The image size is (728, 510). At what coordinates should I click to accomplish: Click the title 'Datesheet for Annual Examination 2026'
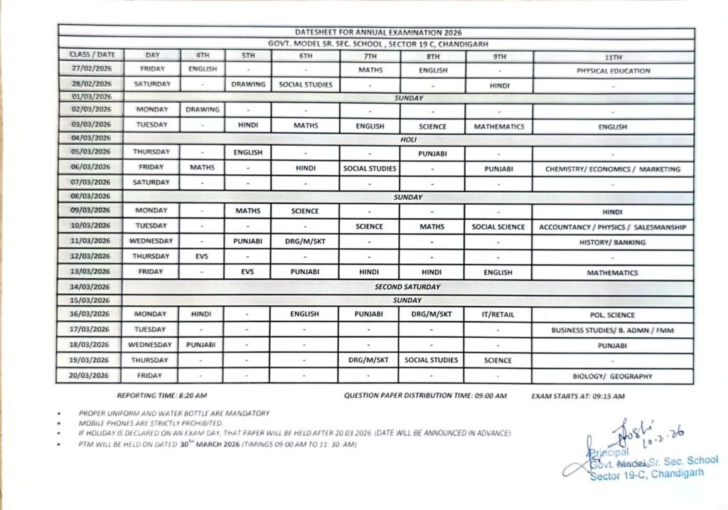(x=378, y=32)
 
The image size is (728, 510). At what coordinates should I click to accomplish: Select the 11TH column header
(x=613, y=56)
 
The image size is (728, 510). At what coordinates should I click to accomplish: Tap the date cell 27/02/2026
(x=91, y=70)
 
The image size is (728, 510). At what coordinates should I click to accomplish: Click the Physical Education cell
(x=613, y=70)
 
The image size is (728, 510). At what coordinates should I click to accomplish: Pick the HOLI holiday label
(x=408, y=139)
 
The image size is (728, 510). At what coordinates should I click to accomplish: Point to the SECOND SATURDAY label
(x=408, y=287)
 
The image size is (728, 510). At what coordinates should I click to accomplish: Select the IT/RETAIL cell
(x=498, y=314)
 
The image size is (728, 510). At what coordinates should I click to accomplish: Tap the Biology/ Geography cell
(x=613, y=376)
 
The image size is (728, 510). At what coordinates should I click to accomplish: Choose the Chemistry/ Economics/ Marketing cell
(x=613, y=169)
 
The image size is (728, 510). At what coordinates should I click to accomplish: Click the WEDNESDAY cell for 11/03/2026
(x=151, y=241)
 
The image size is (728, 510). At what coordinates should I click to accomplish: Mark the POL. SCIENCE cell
(x=613, y=314)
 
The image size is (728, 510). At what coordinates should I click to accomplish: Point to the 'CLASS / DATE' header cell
(x=91, y=54)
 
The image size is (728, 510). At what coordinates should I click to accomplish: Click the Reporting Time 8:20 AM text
(x=162, y=395)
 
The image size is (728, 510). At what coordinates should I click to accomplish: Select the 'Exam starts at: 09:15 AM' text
(x=578, y=395)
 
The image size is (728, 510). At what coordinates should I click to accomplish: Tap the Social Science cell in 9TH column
(x=498, y=227)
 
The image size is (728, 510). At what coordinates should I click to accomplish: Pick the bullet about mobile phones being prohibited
(x=141, y=423)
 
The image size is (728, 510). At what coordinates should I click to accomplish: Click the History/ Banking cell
(x=613, y=242)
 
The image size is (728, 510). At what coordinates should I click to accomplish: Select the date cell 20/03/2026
(x=91, y=376)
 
